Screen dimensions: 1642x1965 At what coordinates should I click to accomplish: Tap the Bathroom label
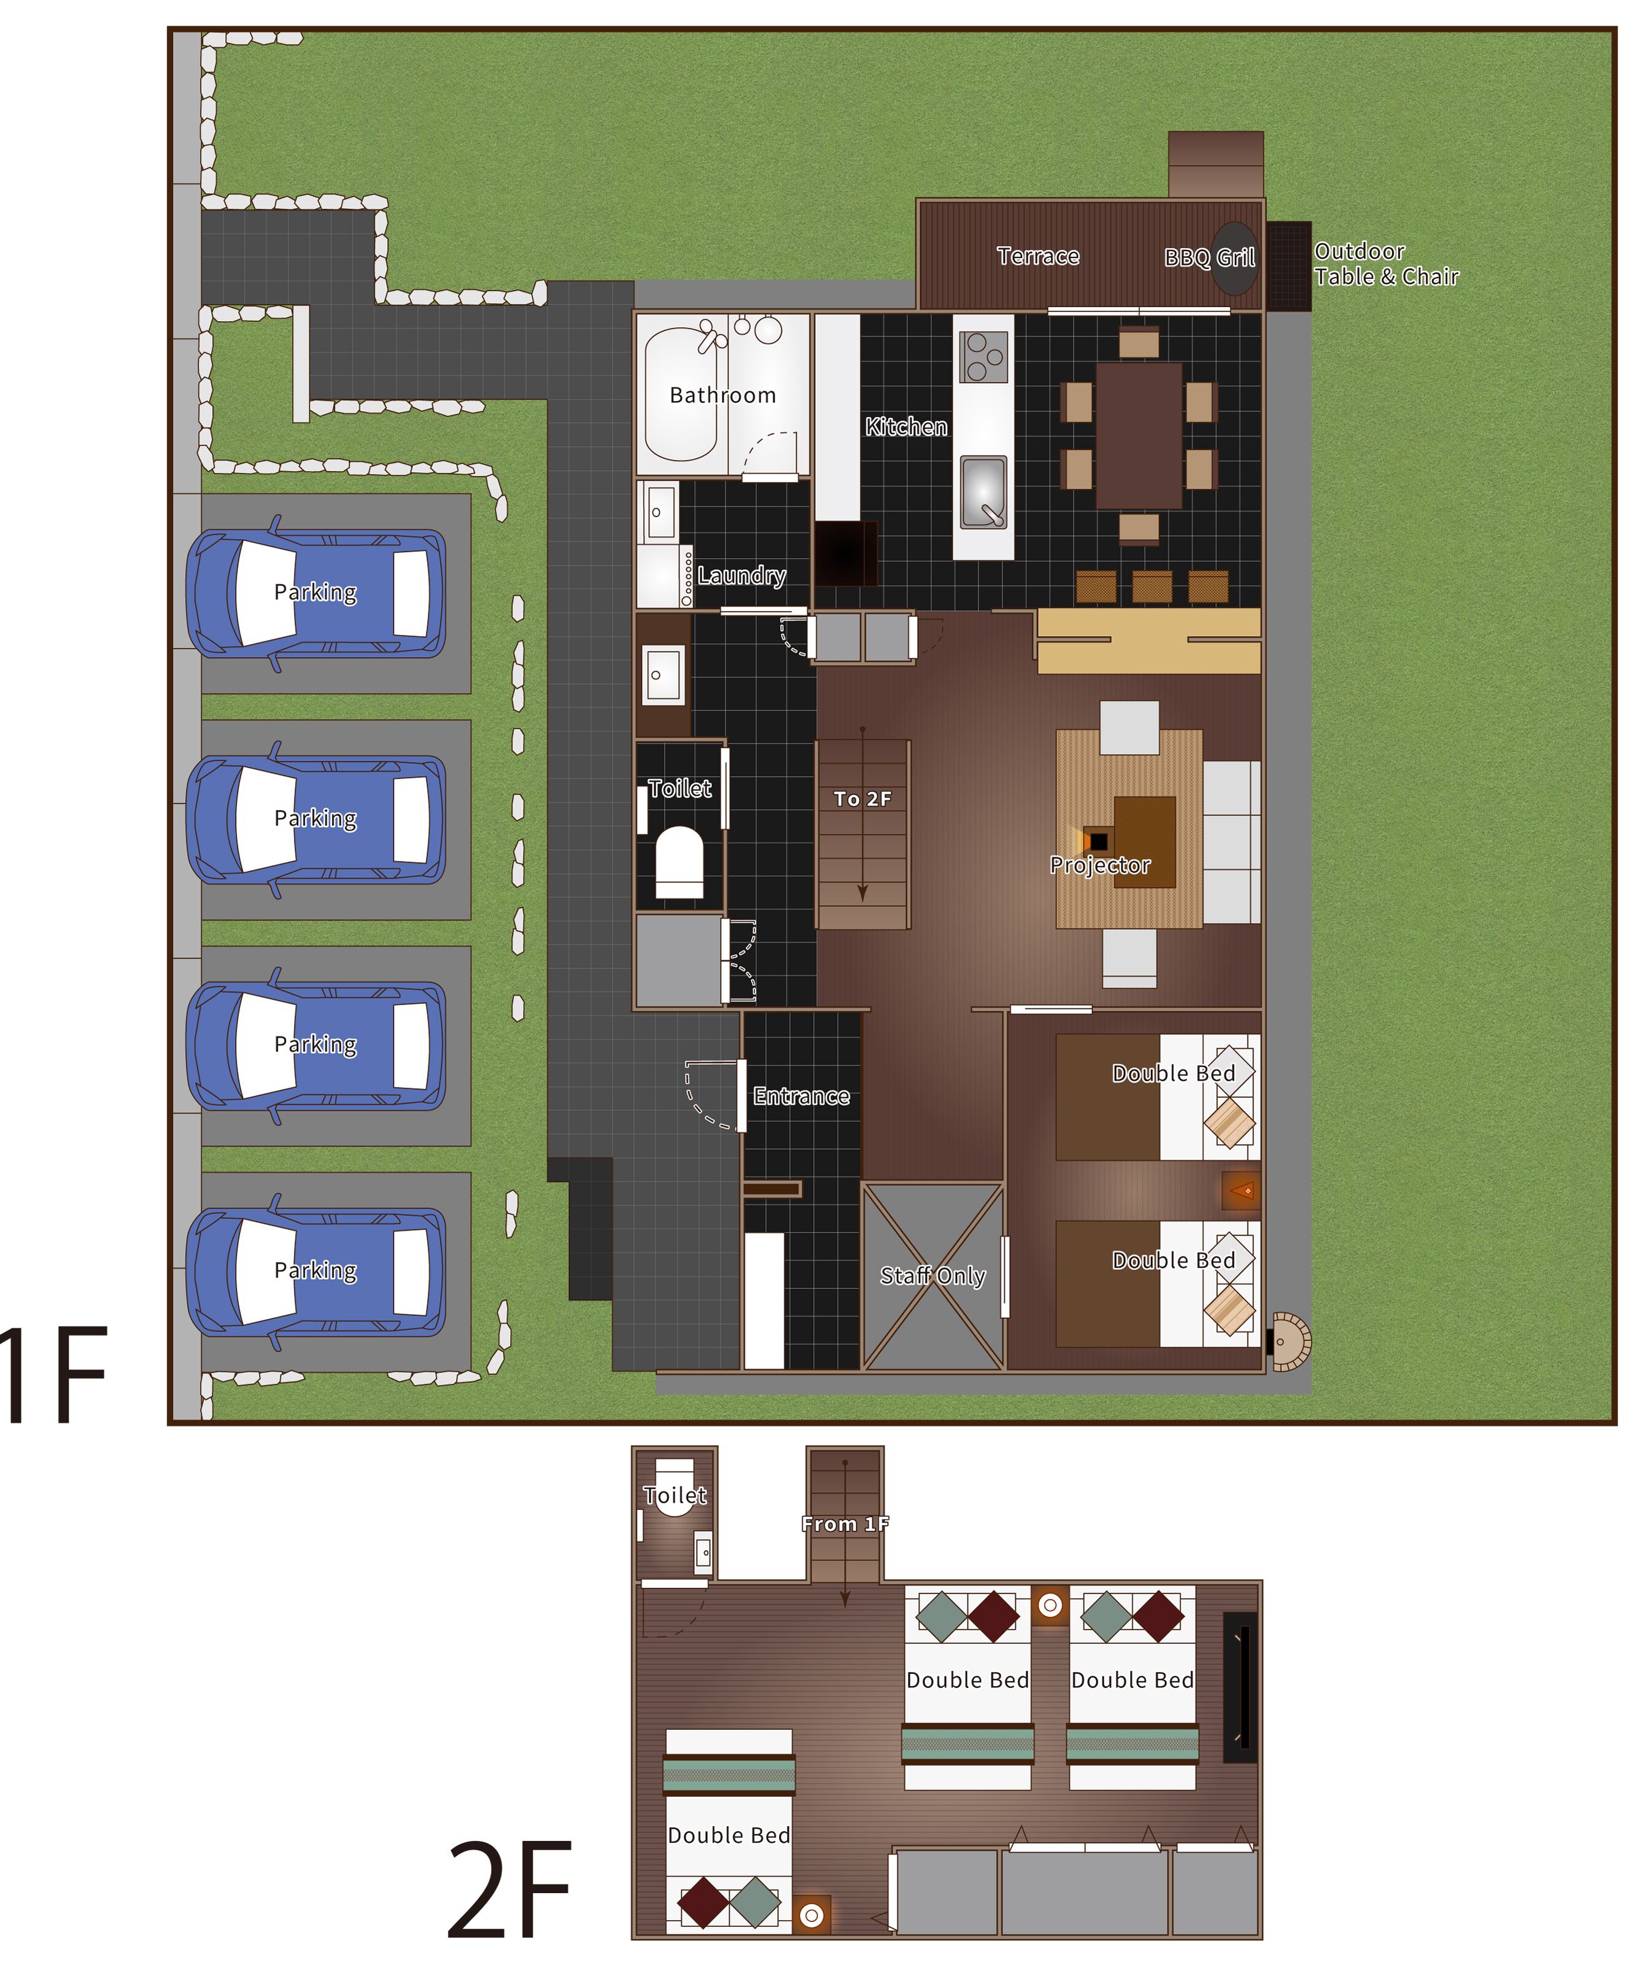pyautogui.click(x=722, y=395)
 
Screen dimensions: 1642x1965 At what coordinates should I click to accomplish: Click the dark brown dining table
pyautogui.click(x=1139, y=435)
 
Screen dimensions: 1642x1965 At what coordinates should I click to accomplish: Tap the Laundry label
pyautogui.click(x=741, y=575)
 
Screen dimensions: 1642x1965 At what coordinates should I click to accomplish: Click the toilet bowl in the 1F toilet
pyautogui.click(x=680, y=862)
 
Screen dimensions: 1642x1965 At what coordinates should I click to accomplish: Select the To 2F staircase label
pyautogui.click(x=862, y=798)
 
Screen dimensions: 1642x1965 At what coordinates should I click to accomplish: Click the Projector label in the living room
pyautogui.click(x=1099, y=865)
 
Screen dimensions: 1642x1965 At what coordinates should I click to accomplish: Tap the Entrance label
pyautogui.click(x=801, y=1095)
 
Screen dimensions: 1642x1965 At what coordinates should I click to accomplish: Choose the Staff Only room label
pyautogui.click(x=933, y=1275)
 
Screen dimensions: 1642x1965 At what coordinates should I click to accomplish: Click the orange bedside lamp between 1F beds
pyautogui.click(x=1242, y=1190)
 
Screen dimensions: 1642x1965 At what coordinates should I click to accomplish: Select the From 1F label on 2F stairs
pyautogui.click(x=845, y=1524)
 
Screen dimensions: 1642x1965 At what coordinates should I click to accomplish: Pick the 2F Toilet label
pyautogui.click(x=675, y=1495)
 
